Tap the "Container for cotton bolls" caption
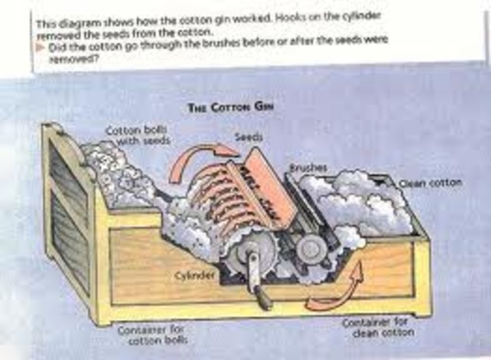tap(165, 333)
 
